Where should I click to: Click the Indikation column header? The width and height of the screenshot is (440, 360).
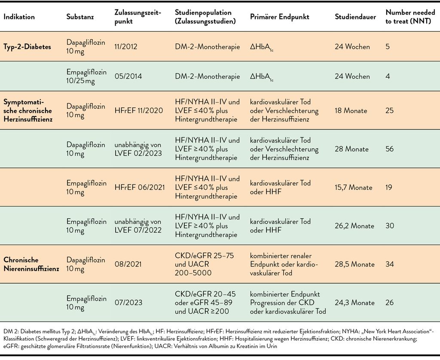click(x=19, y=17)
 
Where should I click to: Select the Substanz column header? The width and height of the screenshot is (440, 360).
click(x=80, y=17)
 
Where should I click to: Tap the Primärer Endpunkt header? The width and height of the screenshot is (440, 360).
click(x=279, y=17)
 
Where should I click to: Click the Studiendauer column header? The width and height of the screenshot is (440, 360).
click(x=355, y=17)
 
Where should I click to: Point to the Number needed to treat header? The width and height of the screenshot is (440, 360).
click(x=410, y=17)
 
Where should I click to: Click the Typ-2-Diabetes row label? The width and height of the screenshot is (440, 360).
click(x=27, y=46)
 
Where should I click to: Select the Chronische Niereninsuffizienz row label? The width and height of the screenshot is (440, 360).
click(x=31, y=264)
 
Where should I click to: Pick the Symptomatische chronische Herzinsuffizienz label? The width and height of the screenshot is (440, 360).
click(x=28, y=110)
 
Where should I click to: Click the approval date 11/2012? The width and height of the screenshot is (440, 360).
click(x=126, y=46)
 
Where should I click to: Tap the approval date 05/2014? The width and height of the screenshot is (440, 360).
click(x=128, y=76)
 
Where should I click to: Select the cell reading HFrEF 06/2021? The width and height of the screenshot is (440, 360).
click(x=140, y=187)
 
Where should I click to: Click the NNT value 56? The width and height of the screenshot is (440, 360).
click(x=389, y=149)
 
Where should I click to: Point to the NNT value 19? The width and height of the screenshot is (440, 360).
click(x=388, y=187)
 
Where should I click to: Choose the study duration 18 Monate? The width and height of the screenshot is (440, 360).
click(x=351, y=110)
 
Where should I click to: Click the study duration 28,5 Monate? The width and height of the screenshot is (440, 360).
click(x=354, y=264)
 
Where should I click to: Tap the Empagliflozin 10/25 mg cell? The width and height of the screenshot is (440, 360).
click(x=86, y=76)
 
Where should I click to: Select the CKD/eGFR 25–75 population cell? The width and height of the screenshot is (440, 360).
click(x=204, y=264)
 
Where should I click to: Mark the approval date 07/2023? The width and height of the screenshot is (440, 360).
click(x=128, y=302)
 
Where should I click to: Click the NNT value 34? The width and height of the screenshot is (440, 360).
click(x=389, y=264)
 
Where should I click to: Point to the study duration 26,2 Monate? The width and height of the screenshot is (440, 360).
click(x=354, y=226)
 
